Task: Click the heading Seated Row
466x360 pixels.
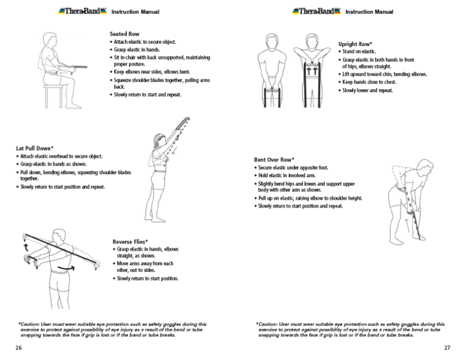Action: (125, 34)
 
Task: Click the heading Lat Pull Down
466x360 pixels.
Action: (35, 148)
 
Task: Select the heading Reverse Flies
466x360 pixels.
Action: (130, 242)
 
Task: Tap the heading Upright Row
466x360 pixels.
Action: (354, 44)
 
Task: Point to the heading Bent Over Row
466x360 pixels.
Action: (277, 160)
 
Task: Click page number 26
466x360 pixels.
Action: (19, 348)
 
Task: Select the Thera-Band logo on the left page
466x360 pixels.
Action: (83, 11)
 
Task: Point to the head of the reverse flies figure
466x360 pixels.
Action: (58, 236)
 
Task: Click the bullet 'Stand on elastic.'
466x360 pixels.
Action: (359, 52)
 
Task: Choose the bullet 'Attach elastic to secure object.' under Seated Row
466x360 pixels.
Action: (145, 42)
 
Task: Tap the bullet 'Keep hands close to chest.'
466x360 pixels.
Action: (369, 82)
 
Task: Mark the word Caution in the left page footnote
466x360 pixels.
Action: (29, 324)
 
